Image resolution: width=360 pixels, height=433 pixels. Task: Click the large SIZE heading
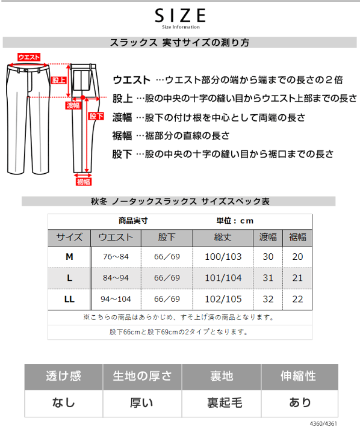pos(180,15)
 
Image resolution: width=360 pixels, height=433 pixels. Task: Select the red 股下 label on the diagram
pos(96,117)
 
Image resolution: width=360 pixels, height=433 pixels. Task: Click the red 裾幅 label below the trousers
pos(83,181)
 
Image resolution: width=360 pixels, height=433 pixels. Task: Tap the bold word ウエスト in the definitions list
pos(131,80)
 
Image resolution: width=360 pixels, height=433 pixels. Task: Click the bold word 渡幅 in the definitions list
pos(122,117)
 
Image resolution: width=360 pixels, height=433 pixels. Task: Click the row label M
pos(69,257)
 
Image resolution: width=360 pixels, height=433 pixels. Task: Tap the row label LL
pos(69,298)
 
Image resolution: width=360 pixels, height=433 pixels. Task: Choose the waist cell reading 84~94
pos(116,278)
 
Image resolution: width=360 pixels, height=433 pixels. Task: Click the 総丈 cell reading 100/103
pos(223,257)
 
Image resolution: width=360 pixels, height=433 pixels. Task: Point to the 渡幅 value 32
pos(268,298)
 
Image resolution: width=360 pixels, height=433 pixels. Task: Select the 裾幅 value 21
pos(297,278)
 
